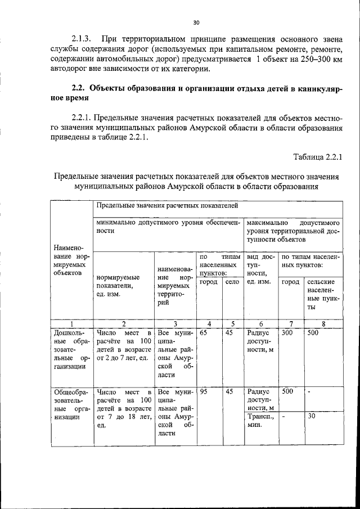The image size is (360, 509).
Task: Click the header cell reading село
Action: click(232, 282)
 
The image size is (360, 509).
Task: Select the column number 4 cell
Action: click(209, 323)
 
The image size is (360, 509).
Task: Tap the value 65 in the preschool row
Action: click(203, 333)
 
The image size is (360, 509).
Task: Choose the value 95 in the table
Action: click(203, 391)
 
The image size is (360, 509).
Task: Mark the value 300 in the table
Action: click(287, 333)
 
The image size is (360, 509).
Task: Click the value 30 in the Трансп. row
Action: click(311, 417)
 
